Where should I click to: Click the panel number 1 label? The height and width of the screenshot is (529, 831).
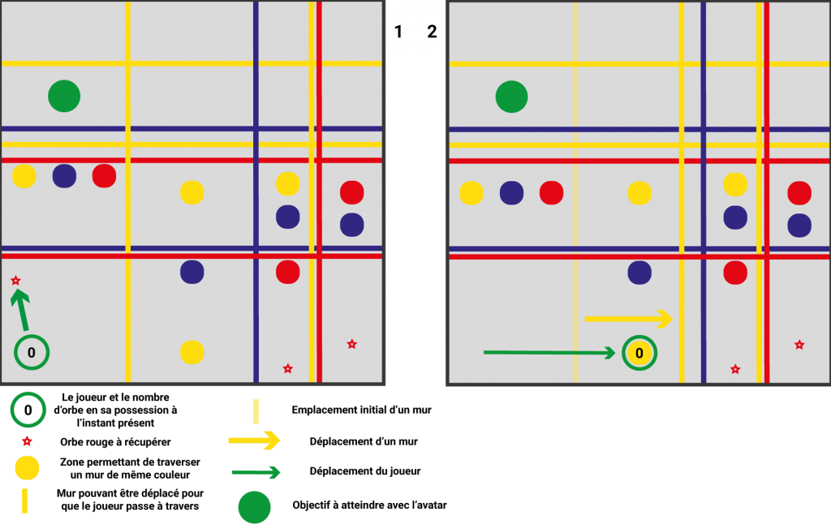398,32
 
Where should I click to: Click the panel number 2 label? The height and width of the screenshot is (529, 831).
432,32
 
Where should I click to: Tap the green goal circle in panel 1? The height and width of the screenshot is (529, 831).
64,97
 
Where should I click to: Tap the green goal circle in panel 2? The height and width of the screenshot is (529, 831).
512,97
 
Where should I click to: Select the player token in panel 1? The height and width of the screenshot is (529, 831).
32,352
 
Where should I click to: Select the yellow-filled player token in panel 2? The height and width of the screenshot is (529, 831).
639,353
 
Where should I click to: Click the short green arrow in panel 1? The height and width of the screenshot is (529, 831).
22,309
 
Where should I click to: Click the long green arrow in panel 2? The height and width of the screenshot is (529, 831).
549,353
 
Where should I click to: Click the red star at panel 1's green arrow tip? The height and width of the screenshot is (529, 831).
15,281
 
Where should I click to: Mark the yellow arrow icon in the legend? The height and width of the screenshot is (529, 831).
255,441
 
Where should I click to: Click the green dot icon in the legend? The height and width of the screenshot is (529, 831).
255,506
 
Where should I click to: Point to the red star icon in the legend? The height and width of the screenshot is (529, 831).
27,442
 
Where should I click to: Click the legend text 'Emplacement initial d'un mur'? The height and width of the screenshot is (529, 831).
361,410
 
